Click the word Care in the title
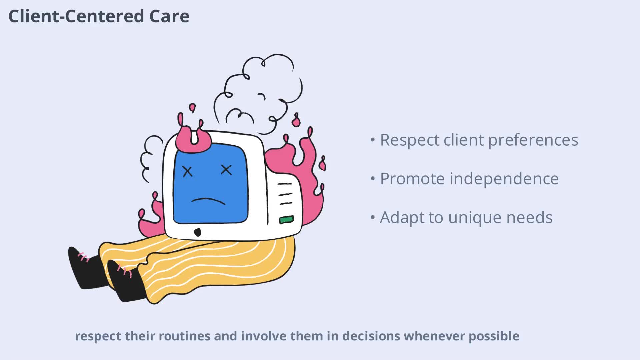click(169, 16)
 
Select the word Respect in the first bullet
click(409, 140)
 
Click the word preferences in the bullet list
click(533, 140)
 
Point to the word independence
click(504, 179)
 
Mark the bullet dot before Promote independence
click(373, 179)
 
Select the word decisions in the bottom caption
click(371, 336)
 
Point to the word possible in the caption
click(494, 336)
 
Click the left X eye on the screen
click(188, 171)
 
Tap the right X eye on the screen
click(226, 170)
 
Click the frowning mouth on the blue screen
click(208, 201)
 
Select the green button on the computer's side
click(286, 220)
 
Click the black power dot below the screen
click(197, 232)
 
